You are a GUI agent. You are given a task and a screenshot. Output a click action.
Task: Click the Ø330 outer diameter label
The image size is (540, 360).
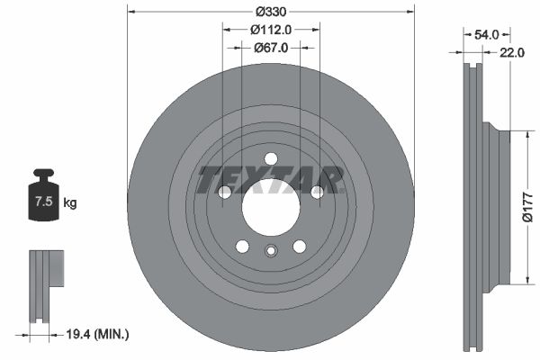pos(270,12)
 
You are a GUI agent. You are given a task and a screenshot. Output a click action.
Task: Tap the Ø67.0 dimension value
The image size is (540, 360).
pos(270,48)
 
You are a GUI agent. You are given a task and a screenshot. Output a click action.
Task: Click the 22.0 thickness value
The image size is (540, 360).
pos(511,53)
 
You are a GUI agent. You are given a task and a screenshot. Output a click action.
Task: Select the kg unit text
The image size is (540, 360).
pos(70,203)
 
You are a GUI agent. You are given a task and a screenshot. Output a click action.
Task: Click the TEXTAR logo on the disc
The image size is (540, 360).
pos(270,180)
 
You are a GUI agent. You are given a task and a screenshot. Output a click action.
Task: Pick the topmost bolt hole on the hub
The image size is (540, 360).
pos(270,159)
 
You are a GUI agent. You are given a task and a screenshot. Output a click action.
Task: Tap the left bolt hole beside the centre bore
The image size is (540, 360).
pos(225,192)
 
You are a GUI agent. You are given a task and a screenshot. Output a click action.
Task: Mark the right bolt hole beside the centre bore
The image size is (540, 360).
pos(316,192)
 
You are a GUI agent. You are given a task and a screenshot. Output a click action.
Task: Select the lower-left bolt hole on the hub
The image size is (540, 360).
pos(242,246)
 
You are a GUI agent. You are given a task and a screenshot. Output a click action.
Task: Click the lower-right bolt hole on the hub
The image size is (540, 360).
pos(299,246)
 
